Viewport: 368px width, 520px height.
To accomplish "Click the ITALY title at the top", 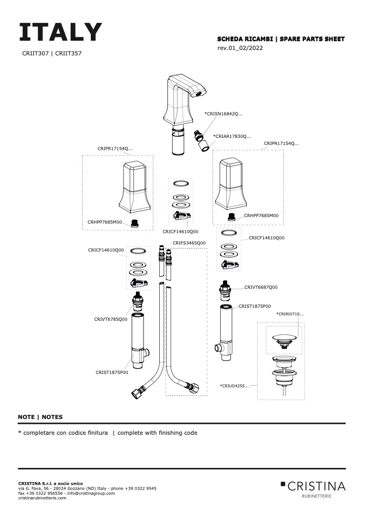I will (x=60, y=33).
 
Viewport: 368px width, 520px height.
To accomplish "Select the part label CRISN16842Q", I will (x=223, y=114).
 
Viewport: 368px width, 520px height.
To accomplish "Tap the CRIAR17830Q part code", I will (x=232, y=136).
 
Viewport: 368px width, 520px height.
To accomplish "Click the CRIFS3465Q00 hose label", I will (x=189, y=243).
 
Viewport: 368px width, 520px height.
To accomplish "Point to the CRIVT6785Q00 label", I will (x=110, y=319).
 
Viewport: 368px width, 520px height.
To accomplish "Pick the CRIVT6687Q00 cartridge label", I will (x=261, y=287).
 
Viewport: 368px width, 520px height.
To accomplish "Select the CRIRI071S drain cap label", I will (x=290, y=314).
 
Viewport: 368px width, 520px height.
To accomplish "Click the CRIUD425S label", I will (x=234, y=385).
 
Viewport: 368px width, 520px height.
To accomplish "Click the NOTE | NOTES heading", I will (x=40, y=417).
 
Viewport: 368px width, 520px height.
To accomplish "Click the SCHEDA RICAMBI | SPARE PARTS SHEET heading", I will (x=280, y=39).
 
